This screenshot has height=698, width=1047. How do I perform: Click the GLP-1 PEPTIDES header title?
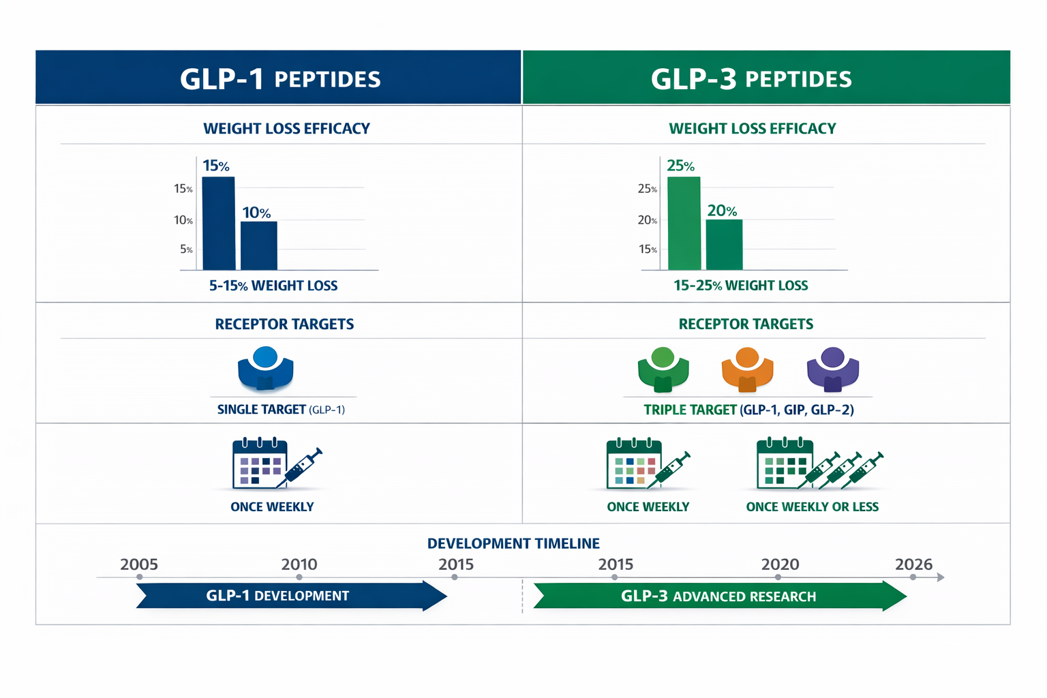tap(279, 78)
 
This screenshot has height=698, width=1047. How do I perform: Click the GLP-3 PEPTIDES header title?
tap(751, 78)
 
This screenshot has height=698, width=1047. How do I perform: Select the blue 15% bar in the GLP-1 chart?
tap(219, 224)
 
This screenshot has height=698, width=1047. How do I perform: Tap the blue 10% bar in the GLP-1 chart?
tap(259, 245)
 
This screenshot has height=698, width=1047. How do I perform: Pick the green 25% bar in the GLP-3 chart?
tap(684, 224)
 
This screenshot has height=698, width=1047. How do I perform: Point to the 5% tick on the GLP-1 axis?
tap(186, 249)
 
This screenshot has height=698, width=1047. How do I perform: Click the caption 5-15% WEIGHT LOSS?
tap(273, 286)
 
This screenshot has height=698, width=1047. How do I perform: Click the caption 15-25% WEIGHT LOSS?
tap(740, 286)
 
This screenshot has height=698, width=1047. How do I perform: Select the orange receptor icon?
tap(747, 370)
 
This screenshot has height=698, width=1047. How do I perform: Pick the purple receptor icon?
tap(832, 370)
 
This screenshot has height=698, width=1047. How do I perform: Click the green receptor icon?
tap(663, 370)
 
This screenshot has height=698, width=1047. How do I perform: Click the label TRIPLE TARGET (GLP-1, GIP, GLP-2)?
tap(748, 410)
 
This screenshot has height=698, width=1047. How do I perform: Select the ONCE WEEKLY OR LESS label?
tap(812, 507)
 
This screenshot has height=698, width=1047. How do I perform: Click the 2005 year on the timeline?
tap(139, 564)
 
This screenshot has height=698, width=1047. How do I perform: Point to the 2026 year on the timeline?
tap(913, 564)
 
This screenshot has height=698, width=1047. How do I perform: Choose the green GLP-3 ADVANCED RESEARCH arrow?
tap(719, 596)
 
